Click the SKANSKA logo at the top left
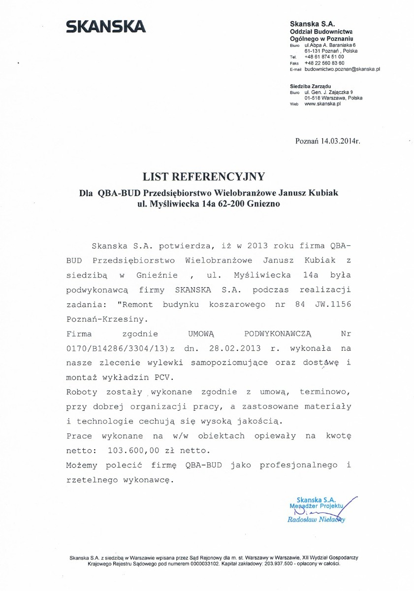(106, 26)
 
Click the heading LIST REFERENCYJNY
(204, 176)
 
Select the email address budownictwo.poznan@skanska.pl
(342, 69)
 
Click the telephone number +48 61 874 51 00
(324, 57)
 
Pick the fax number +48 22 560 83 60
(324, 63)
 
